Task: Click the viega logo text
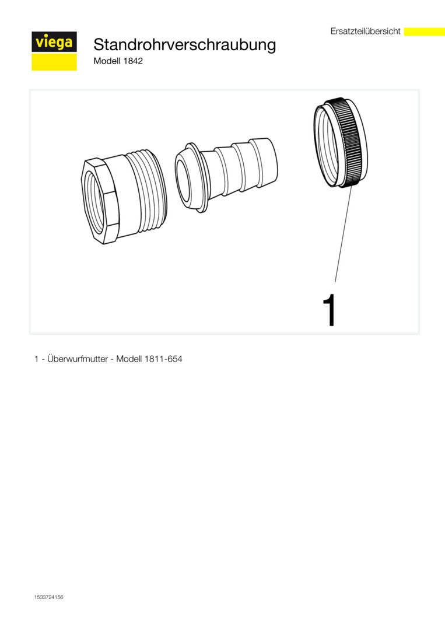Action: [x=54, y=42]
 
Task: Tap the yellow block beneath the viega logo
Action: [x=54, y=62]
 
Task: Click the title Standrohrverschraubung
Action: [x=185, y=45]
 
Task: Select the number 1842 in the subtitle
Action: [x=134, y=61]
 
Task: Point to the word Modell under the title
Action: [x=107, y=61]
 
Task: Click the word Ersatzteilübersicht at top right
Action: [x=366, y=32]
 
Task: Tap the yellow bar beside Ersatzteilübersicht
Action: [x=424, y=32]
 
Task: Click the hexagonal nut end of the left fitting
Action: [x=100, y=199]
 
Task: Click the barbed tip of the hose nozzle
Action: [x=263, y=161]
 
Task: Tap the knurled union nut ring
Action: [x=341, y=143]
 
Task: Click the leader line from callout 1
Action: [x=344, y=233]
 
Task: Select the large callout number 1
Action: [x=330, y=310]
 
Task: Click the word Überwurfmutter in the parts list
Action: [x=77, y=359]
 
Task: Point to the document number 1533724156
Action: [x=48, y=597]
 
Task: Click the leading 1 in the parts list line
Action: [x=37, y=359]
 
